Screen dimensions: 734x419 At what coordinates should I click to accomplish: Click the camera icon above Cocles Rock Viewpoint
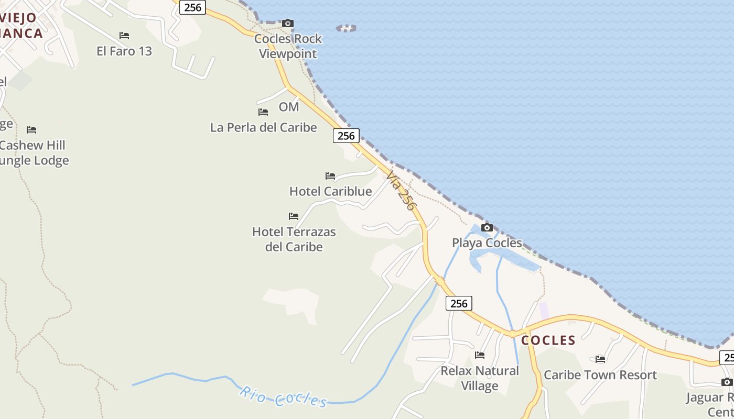pyautogui.click(x=288, y=23)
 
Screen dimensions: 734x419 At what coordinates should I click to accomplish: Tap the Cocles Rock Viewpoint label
pyautogui.click(x=288, y=46)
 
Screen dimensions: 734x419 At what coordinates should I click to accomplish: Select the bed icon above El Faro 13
pyautogui.click(x=124, y=36)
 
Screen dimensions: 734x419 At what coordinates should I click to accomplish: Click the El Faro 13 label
pyautogui.click(x=124, y=51)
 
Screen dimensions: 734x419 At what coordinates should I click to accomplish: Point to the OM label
pyautogui.click(x=288, y=107)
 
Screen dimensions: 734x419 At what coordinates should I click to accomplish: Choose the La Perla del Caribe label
pyautogui.click(x=263, y=127)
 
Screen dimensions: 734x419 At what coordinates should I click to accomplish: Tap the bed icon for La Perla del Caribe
pyautogui.click(x=263, y=112)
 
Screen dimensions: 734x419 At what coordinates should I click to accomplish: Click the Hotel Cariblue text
pyautogui.click(x=330, y=191)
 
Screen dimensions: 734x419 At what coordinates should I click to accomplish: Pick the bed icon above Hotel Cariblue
pyautogui.click(x=330, y=176)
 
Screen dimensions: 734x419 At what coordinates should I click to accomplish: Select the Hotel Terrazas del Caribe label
pyautogui.click(x=294, y=239)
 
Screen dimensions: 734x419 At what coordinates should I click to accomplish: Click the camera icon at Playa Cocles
pyautogui.click(x=487, y=227)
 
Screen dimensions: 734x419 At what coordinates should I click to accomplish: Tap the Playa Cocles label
pyautogui.click(x=487, y=243)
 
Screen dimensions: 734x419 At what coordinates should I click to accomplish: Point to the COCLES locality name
pyautogui.click(x=548, y=340)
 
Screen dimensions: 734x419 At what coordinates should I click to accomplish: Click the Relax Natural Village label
pyautogui.click(x=480, y=378)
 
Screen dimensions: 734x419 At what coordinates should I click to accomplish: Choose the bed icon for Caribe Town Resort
pyautogui.click(x=600, y=359)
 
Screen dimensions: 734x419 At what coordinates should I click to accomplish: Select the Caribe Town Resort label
pyautogui.click(x=600, y=375)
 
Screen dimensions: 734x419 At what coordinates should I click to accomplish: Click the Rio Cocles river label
pyautogui.click(x=283, y=397)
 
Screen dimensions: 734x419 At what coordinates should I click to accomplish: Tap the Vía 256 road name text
pyautogui.click(x=401, y=190)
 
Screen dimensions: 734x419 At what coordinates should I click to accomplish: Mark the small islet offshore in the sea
pyautogui.click(x=346, y=28)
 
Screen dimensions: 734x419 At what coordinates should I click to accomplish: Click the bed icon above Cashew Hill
pyautogui.click(x=31, y=130)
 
